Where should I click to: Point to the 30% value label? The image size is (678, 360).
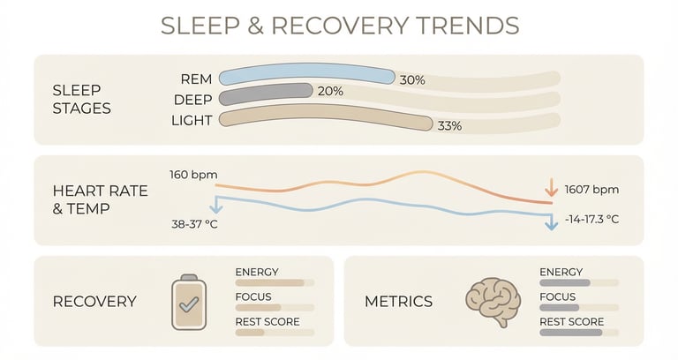(x=412, y=80)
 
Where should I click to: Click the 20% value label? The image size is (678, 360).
(x=330, y=91)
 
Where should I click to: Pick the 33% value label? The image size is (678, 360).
(x=449, y=125)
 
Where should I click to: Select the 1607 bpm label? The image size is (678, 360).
(x=591, y=190)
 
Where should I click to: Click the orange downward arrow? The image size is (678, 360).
(x=551, y=187)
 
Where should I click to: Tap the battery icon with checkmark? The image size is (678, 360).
(x=189, y=302)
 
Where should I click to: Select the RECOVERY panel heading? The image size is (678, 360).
(x=94, y=301)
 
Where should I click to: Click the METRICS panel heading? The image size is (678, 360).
(x=398, y=301)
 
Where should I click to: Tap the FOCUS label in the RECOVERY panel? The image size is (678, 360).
(x=253, y=296)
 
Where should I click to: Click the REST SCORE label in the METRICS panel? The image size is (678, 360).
(x=571, y=321)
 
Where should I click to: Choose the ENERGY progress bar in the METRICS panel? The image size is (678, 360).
(x=577, y=283)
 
